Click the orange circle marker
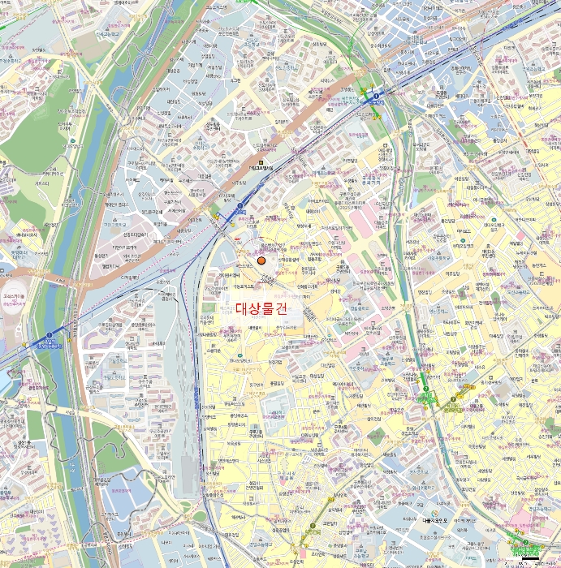[x=261, y=260]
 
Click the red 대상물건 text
[x=261, y=308]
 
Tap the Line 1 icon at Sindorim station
[x=376, y=97]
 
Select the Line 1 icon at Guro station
[x=239, y=206]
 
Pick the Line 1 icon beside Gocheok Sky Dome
[x=50, y=334]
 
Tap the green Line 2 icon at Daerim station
[x=425, y=389]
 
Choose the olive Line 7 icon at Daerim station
[x=437, y=398]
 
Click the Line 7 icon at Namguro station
[x=312, y=527]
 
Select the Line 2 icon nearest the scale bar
[x=524, y=542]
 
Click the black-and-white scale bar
[x=533, y=561]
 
